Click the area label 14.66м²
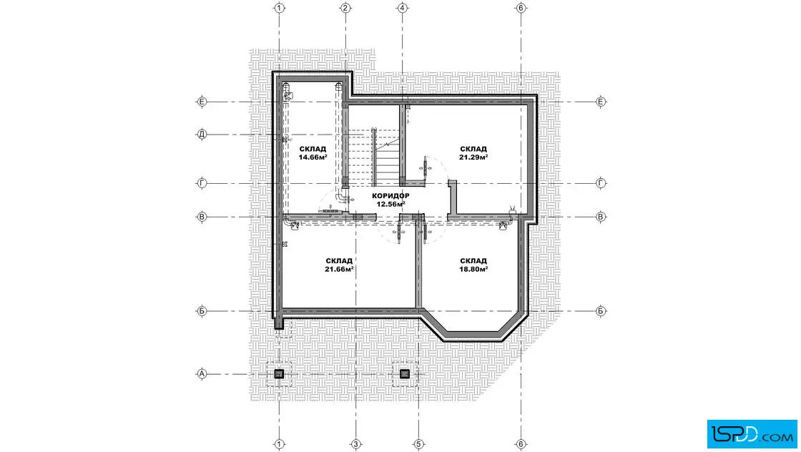pos(313,157)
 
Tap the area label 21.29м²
pos(473,157)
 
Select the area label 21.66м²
pos(339,269)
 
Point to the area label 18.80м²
pos(473,269)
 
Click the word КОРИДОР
pos(390,196)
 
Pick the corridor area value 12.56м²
pos(390,205)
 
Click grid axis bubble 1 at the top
pos(279,8)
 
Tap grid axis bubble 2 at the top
pos(345,8)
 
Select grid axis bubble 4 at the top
pos(403,8)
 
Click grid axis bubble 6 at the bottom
pos(521,444)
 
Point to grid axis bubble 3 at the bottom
pos(356,444)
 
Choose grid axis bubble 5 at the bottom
pos(418,444)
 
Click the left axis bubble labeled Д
pos(202,135)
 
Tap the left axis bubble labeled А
pos(202,374)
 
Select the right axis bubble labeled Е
pos(601,102)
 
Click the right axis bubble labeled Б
pos(601,311)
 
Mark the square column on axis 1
pos(279,374)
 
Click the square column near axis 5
pos(405,374)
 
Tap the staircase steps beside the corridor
pos(373,157)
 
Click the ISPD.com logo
pos(752,434)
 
